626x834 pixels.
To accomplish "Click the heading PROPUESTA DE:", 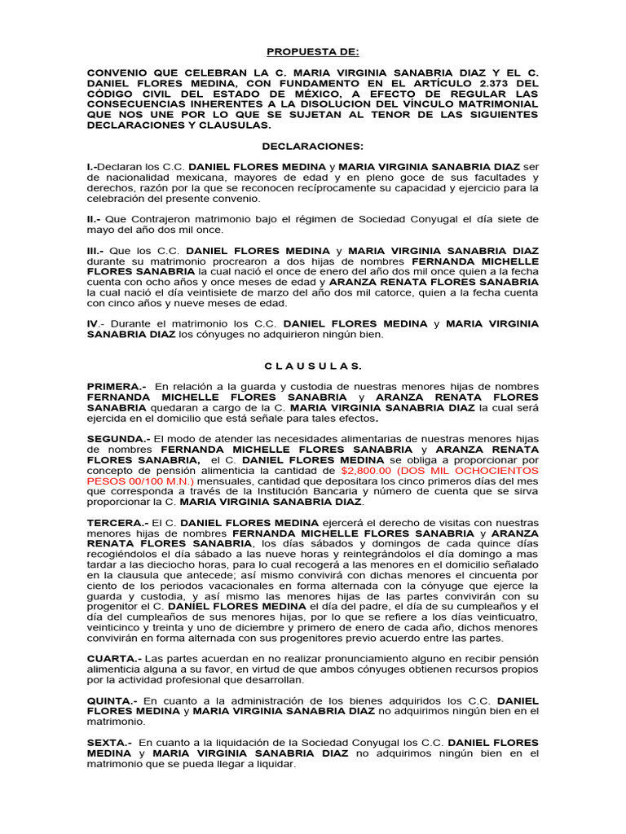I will click(312, 51).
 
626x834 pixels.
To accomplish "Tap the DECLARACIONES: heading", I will click(312, 146).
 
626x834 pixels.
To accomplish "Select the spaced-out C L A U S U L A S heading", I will click(312, 366).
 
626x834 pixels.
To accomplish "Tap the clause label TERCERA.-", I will click(118, 521).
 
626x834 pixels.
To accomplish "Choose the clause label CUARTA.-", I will click(114, 657).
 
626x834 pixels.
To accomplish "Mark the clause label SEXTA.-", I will click(109, 743).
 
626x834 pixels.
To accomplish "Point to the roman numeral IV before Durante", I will click(94, 323).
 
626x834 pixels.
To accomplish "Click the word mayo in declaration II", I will click(103, 230).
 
